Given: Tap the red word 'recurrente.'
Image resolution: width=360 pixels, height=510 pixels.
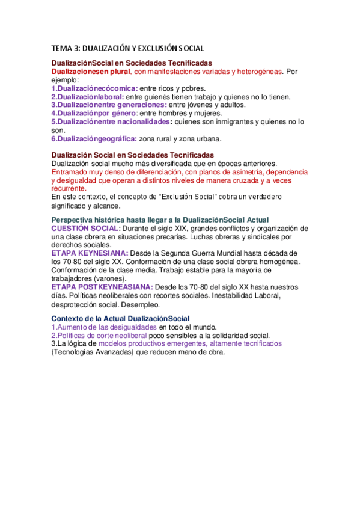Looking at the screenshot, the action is click(69, 188).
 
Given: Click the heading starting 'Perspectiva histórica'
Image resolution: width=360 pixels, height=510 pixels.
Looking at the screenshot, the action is click(160, 220).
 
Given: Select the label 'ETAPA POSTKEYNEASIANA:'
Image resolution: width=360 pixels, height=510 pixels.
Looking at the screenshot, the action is click(102, 287).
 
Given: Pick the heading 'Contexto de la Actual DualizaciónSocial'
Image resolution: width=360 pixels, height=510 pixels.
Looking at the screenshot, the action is click(120, 318).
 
